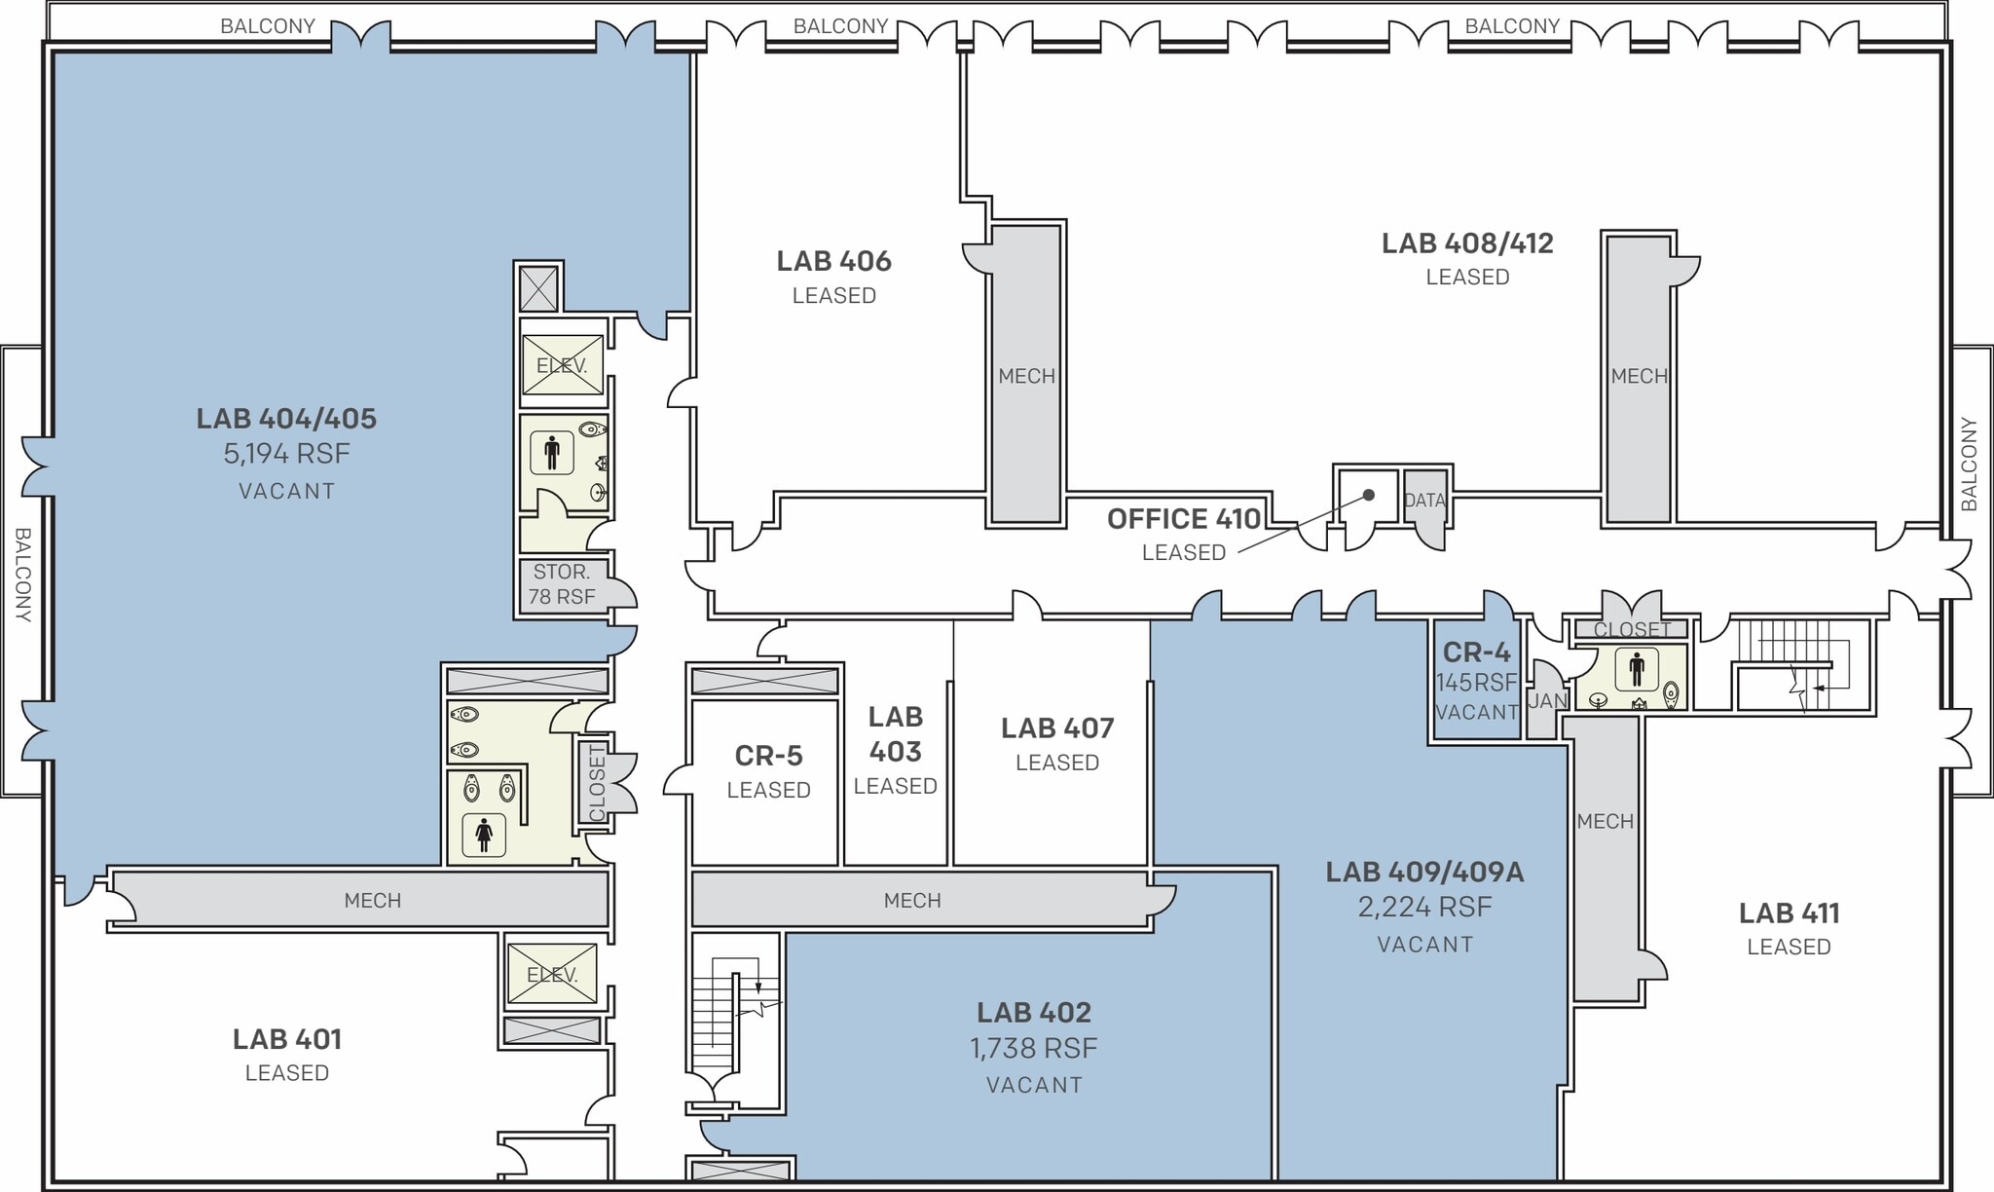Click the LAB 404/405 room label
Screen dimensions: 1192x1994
[286, 419]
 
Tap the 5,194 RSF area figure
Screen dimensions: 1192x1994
[286, 454]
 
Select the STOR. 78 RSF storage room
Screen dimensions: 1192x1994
[562, 584]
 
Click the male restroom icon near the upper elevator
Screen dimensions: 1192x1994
[552, 452]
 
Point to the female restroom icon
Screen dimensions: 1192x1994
[484, 834]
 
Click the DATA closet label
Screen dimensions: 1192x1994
[1423, 501]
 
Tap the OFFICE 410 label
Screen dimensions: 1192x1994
[1184, 519]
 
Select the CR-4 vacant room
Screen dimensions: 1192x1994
[1476, 681]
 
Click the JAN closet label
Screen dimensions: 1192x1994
[1546, 701]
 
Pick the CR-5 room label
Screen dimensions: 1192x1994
[768, 756]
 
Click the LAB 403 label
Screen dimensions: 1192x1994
[895, 734]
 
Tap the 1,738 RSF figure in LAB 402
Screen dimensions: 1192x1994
[1033, 1049]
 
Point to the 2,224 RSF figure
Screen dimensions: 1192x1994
[1424, 908]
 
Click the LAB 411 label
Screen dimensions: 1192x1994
[1789, 913]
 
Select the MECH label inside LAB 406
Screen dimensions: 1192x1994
[1026, 376]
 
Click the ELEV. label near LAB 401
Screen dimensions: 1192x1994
[552, 975]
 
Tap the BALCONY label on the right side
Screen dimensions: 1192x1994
[1969, 464]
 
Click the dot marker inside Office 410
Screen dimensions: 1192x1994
[1368, 495]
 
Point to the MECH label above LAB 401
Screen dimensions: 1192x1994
[372, 901]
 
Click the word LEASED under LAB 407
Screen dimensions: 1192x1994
[1056, 763]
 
